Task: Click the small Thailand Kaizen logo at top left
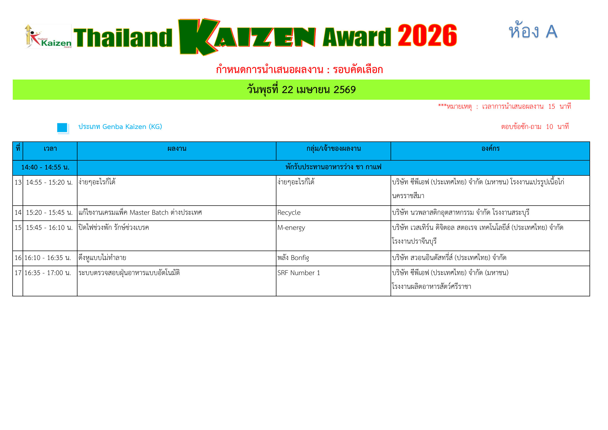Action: tap(48, 36)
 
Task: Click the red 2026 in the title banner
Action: tap(427, 35)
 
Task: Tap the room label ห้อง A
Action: tap(533, 30)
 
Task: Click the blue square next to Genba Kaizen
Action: tap(62, 128)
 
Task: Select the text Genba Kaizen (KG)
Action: tap(132, 127)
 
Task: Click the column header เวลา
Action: tap(50, 148)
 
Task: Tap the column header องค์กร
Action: tap(491, 148)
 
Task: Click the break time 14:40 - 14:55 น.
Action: tap(45, 167)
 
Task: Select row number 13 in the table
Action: tap(18, 183)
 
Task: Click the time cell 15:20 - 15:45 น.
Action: tap(49, 213)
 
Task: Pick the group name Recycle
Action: tap(289, 213)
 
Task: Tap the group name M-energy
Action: tap(291, 228)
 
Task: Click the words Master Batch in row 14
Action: tap(149, 213)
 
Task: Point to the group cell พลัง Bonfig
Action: tap(293, 258)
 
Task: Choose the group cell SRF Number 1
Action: tap(299, 273)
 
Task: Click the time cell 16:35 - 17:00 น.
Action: tap(48, 273)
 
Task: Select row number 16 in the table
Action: tap(18, 258)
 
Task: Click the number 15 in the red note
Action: tap(552, 107)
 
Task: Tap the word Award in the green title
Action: tap(357, 37)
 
